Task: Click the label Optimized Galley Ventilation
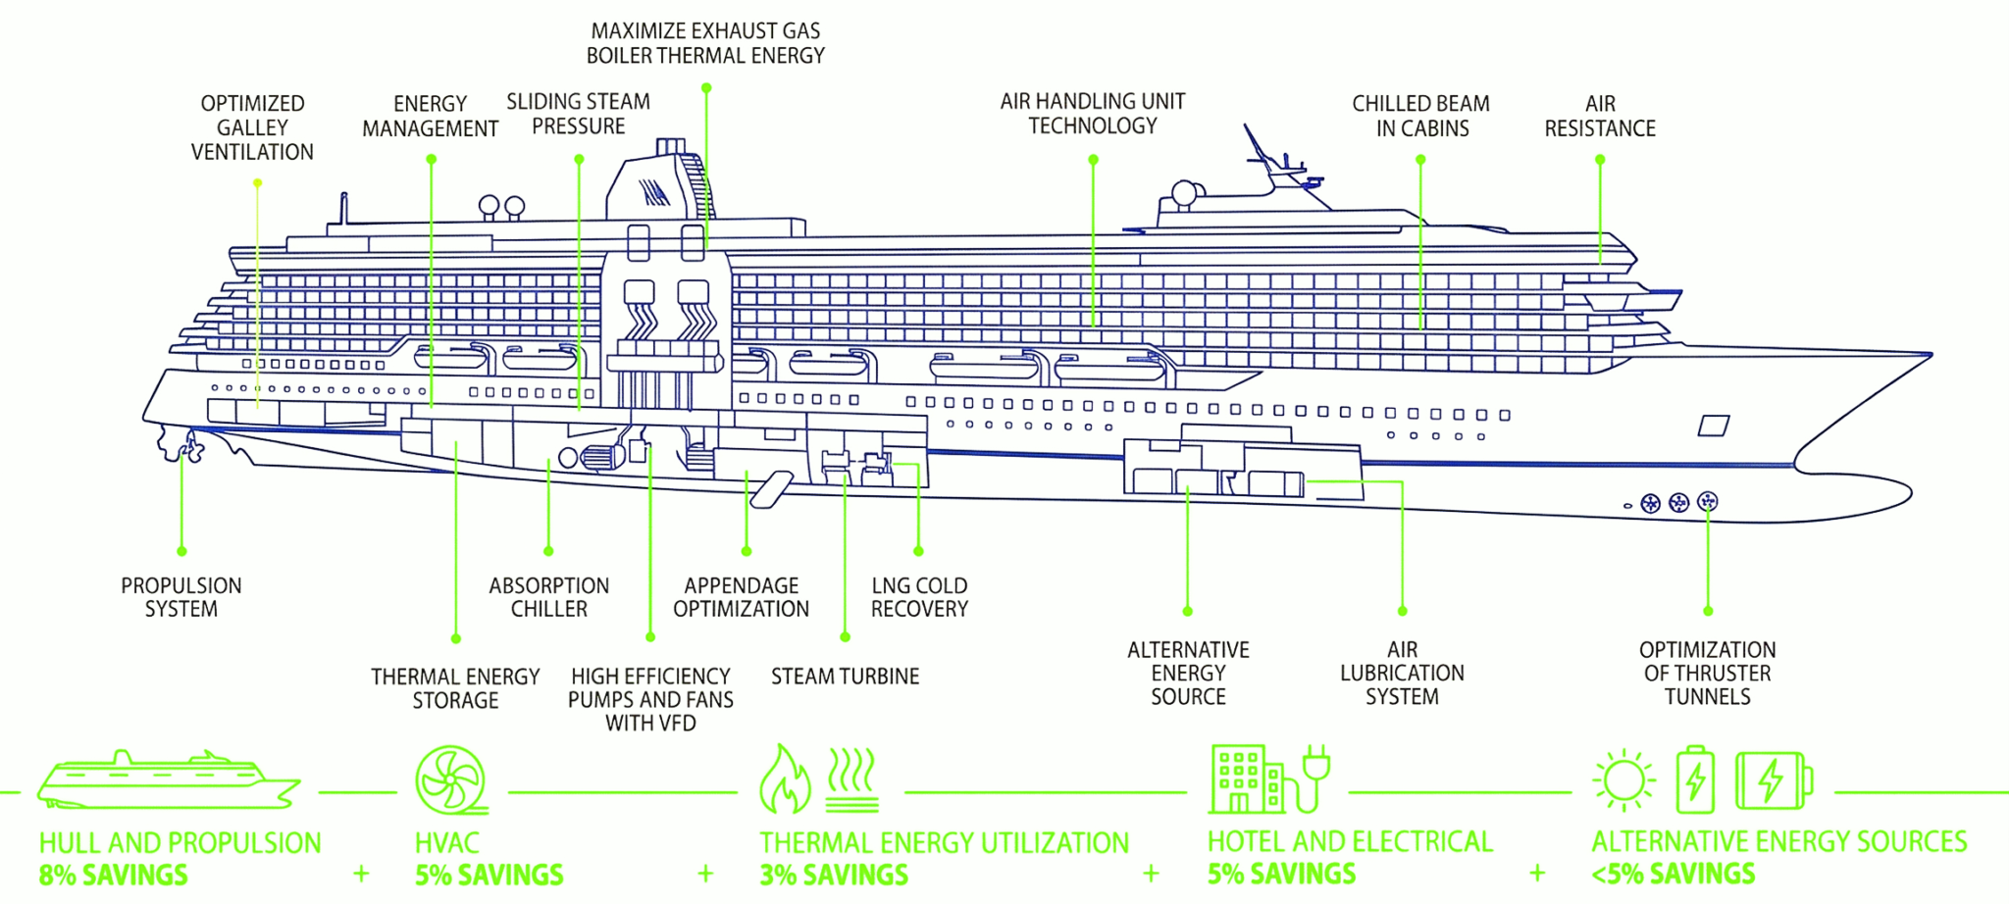click(x=252, y=127)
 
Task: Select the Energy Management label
click(x=430, y=116)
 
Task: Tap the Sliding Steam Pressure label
click(x=578, y=114)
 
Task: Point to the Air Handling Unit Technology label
click(x=1092, y=114)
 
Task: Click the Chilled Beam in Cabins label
click(x=1420, y=116)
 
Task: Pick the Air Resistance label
click(x=1599, y=116)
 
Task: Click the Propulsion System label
click(x=180, y=597)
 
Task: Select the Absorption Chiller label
click(x=548, y=597)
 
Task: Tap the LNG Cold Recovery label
click(x=919, y=597)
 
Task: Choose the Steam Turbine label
click(x=845, y=677)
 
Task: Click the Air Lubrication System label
click(x=1402, y=673)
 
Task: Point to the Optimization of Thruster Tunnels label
click(x=1707, y=673)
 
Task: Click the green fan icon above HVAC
click(x=450, y=780)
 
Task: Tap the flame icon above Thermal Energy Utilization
click(x=785, y=781)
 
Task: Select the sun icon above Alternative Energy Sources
click(x=1623, y=781)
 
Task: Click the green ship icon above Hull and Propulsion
click(x=167, y=781)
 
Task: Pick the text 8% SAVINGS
click(x=114, y=875)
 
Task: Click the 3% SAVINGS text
click(x=834, y=875)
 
